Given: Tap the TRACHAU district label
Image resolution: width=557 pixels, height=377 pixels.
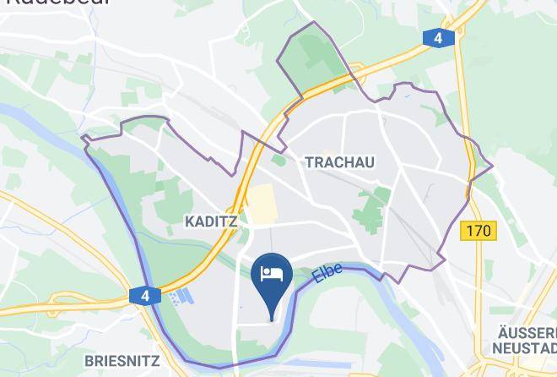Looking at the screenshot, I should pos(339,161).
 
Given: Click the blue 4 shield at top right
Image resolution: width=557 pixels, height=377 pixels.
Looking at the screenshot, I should pos(437,38).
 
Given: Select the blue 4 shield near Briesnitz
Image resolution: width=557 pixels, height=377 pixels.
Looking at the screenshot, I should pos(145,296).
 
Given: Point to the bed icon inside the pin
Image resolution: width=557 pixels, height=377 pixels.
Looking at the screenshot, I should pos(272,273).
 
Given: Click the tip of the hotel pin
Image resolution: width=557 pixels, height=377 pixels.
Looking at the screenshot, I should pos(272,320).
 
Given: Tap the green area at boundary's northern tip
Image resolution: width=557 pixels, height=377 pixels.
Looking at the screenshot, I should pos(308,59).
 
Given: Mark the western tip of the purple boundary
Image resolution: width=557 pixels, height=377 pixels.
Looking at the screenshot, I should pos(83,137).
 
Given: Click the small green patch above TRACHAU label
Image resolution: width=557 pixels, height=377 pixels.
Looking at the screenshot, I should pos(278,159).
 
